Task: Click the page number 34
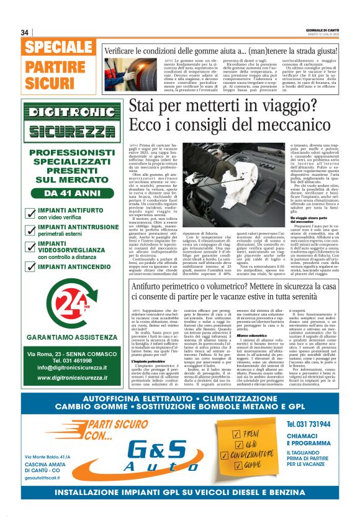[25, 32]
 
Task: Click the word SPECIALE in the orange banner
[60, 47]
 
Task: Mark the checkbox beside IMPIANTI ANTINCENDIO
[29, 267]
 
